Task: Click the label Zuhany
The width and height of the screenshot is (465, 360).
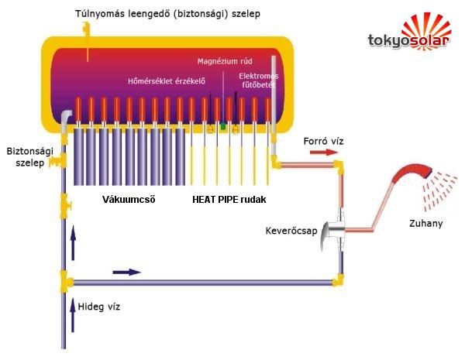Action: [x=425, y=223]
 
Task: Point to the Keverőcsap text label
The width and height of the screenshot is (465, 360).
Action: [x=291, y=231]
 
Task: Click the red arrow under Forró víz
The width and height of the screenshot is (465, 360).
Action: [x=324, y=153]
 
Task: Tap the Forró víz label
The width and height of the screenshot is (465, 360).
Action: [x=323, y=141]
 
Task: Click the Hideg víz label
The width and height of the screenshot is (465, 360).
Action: [x=98, y=307]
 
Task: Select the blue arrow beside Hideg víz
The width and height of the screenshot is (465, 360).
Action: [x=72, y=315]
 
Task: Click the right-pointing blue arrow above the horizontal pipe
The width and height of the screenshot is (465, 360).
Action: [x=126, y=273]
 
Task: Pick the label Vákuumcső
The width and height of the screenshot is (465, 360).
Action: [x=129, y=200]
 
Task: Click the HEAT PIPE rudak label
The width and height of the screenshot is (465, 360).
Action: [x=229, y=200]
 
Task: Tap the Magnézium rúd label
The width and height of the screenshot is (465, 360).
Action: [x=225, y=61]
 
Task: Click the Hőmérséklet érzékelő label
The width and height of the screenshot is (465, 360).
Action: [x=167, y=81]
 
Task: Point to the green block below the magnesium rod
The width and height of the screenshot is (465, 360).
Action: [x=223, y=126]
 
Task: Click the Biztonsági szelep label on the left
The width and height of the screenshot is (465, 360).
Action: [x=29, y=156]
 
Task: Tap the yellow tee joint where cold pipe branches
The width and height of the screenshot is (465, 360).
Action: [x=66, y=281]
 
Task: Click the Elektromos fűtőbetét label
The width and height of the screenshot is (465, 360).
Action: [x=259, y=81]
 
